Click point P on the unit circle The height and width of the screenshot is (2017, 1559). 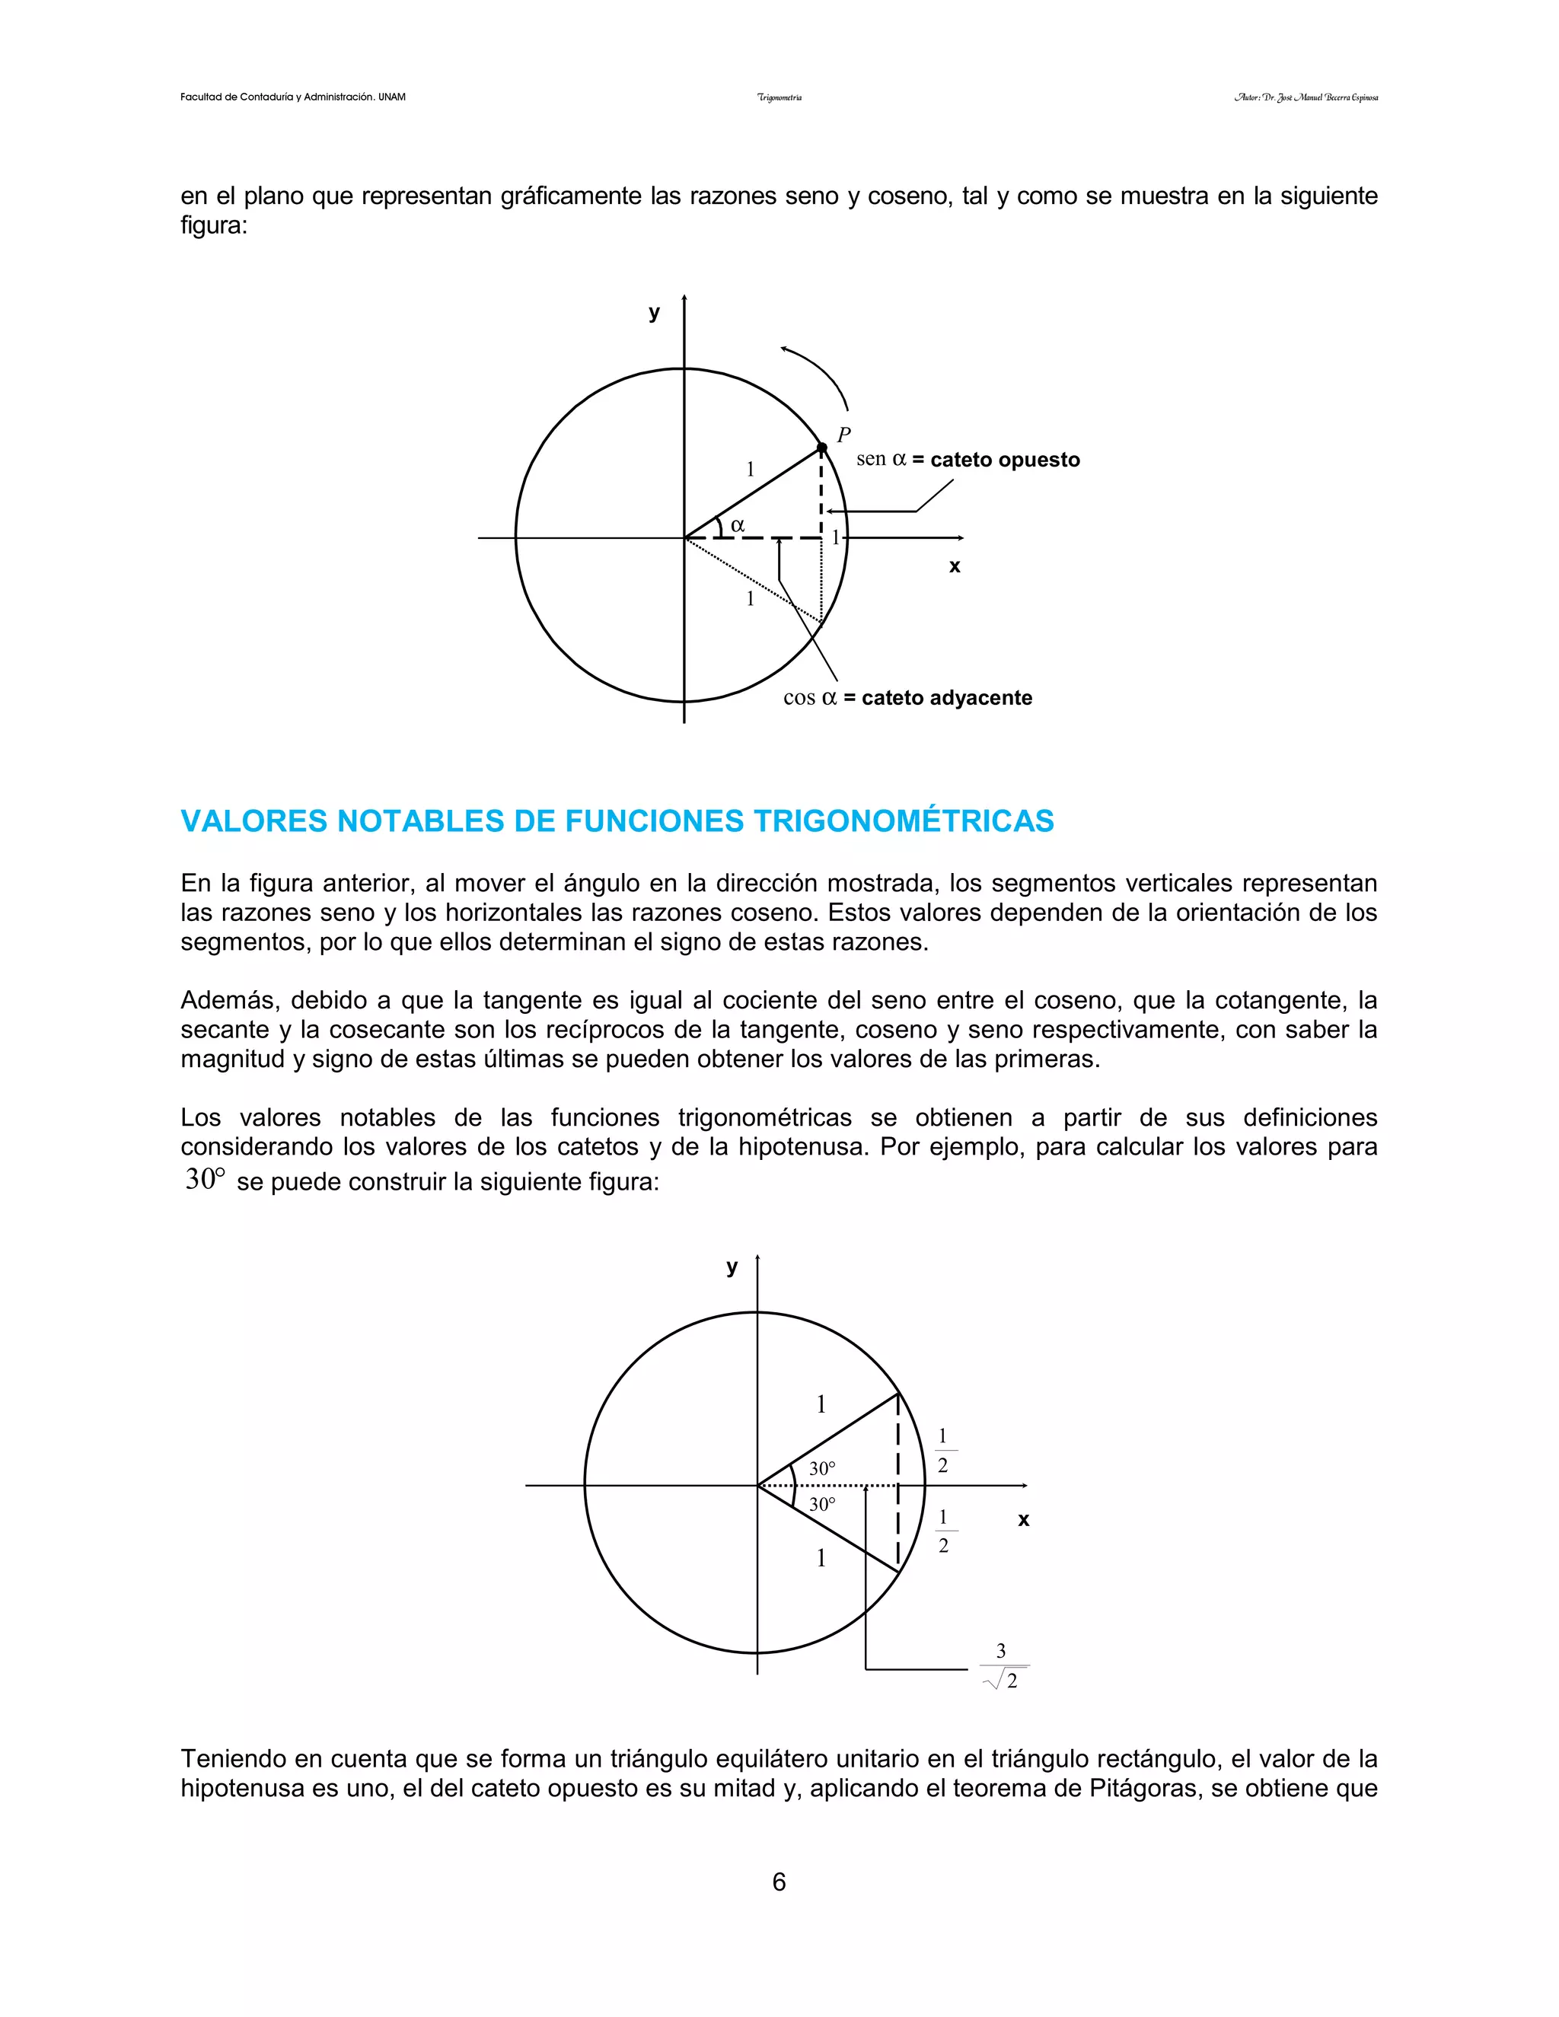coord(822,448)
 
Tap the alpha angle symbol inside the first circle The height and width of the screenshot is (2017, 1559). coord(737,525)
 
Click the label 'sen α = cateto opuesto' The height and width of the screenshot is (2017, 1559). coord(967,459)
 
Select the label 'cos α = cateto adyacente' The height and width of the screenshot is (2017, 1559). coord(907,697)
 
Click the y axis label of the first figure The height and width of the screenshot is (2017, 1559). coord(654,312)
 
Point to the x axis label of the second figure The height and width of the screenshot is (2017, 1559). coord(1023,1519)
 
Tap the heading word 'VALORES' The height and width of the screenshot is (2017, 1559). coord(252,821)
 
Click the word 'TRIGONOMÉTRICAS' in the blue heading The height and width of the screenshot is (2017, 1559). coord(904,821)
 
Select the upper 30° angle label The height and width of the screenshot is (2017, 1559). coord(822,1467)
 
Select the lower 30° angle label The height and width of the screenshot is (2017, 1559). coord(822,1505)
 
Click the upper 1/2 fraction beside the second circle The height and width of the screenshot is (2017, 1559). coord(942,1450)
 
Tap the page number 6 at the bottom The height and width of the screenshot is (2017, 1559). coord(779,1882)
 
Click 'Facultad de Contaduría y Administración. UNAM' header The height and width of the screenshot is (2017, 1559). coord(293,97)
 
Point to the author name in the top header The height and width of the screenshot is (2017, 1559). coord(1306,97)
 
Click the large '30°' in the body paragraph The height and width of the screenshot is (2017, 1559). coord(205,1179)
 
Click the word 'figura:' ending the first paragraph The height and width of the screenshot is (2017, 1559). coord(213,225)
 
